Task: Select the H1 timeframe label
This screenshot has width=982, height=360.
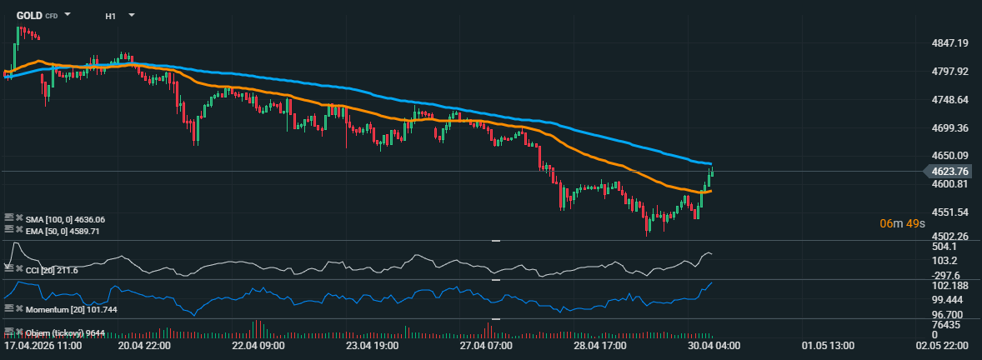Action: [x=111, y=16]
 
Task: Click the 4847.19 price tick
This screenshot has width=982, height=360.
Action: [x=949, y=42]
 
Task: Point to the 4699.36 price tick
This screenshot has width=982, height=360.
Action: [x=949, y=127]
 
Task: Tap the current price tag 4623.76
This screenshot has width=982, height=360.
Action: [x=951, y=172]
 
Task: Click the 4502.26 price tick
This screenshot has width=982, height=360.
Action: [x=949, y=236]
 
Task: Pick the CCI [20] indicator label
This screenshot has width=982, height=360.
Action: [x=52, y=270]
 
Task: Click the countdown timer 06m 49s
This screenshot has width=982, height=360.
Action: [x=902, y=223]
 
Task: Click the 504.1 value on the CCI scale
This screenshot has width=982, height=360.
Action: [x=945, y=247]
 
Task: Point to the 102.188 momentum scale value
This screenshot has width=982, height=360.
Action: [x=949, y=285]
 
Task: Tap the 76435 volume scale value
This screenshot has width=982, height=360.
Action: [x=946, y=324]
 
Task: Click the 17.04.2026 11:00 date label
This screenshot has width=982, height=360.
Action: [x=43, y=345]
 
